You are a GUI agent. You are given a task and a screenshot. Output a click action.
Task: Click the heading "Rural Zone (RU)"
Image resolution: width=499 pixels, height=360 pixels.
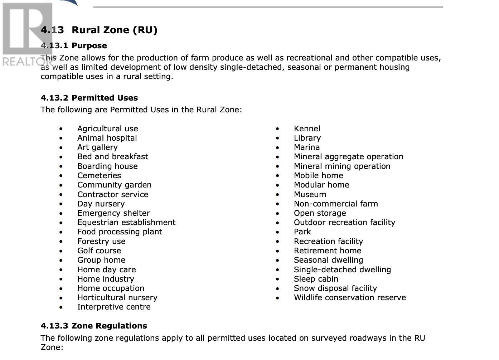pyautogui.click(x=114, y=30)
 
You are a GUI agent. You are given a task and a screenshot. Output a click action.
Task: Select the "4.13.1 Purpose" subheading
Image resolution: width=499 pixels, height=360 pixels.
pyautogui.click(x=74, y=46)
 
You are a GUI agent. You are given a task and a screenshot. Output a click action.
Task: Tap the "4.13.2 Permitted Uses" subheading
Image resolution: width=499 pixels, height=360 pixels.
pyautogui.click(x=89, y=98)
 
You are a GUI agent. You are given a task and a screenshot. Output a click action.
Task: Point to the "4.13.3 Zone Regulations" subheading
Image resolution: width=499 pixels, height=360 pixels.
pyautogui.click(x=94, y=326)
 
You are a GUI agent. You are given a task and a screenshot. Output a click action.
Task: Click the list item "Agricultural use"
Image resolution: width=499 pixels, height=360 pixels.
pyautogui.click(x=107, y=129)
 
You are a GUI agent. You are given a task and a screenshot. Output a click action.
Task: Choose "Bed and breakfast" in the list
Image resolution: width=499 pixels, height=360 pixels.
pyautogui.click(x=112, y=157)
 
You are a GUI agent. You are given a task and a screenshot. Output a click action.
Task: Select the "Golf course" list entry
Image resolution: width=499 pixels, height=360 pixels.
pyautogui.click(x=99, y=251)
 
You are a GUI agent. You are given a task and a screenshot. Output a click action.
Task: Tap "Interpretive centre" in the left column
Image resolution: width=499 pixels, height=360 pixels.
pyautogui.click(x=114, y=307)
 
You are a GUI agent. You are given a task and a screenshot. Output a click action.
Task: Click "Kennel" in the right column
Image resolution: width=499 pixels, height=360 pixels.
pyautogui.click(x=307, y=129)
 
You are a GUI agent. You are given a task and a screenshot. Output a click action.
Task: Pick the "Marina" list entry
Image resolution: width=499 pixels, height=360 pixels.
pyautogui.click(x=307, y=147)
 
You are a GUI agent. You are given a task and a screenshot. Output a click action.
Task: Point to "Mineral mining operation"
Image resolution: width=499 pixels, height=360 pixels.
pyautogui.click(x=342, y=166)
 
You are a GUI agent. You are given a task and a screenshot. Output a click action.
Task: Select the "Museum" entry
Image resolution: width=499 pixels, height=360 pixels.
pyautogui.click(x=310, y=195)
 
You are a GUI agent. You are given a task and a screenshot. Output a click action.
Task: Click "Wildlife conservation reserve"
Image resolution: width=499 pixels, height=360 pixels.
pyautogui.click(x=350, y=298)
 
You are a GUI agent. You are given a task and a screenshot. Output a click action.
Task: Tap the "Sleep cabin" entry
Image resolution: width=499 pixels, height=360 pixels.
pyautogui.click(x=316, y=279)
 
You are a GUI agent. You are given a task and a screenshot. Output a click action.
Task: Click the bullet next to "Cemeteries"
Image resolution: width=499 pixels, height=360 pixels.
pyautogui.click(x=61, y=176)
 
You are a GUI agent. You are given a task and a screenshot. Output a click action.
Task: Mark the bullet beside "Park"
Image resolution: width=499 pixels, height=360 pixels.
pyautogui.click(x=277, y=232)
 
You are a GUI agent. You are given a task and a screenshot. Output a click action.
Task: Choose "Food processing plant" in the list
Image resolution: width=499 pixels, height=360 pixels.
pyautogui.click(x=120, y=232)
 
